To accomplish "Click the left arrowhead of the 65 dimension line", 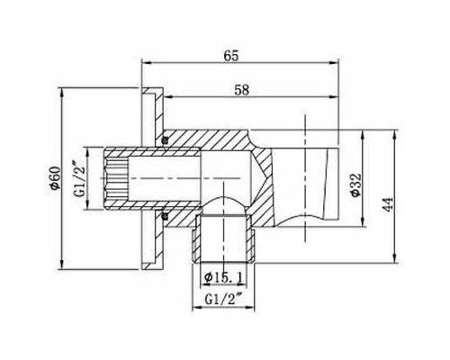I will [147, 64].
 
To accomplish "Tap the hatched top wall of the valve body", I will [216, 138].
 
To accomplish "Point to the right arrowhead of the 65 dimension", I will [344, 64].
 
